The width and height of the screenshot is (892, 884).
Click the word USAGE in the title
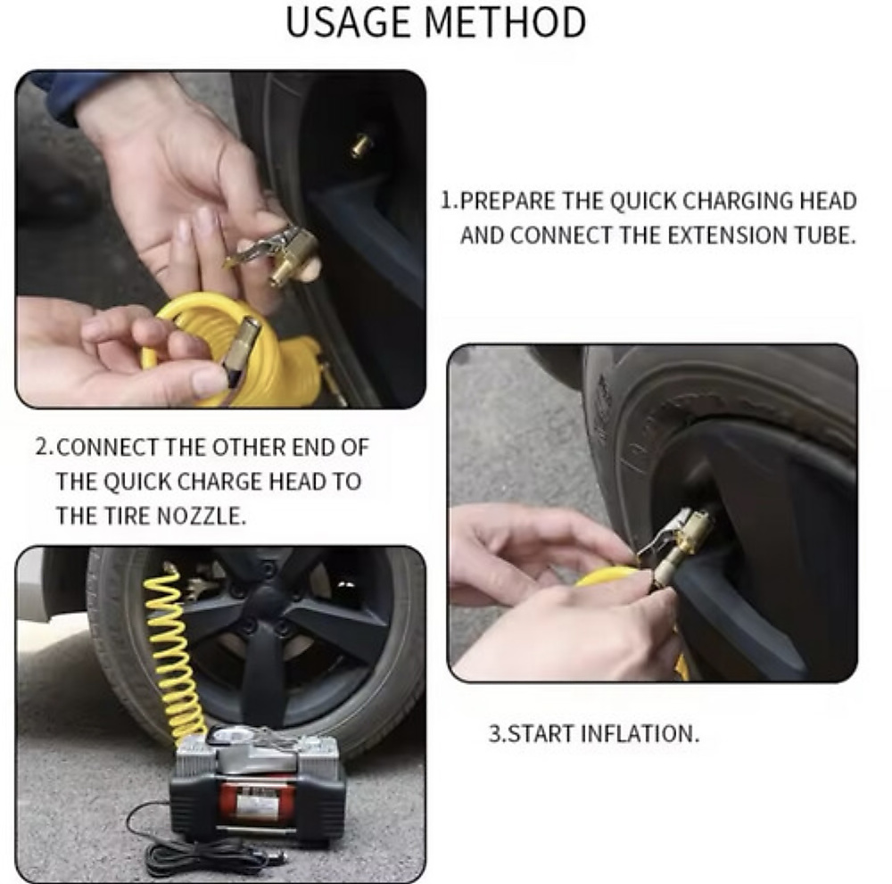tap(343, 22)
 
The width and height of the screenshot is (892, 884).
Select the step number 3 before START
tap(493, 734)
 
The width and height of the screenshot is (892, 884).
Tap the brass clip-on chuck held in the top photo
tap(285, 254)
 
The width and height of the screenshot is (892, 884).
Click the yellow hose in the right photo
tap(607, 577)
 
